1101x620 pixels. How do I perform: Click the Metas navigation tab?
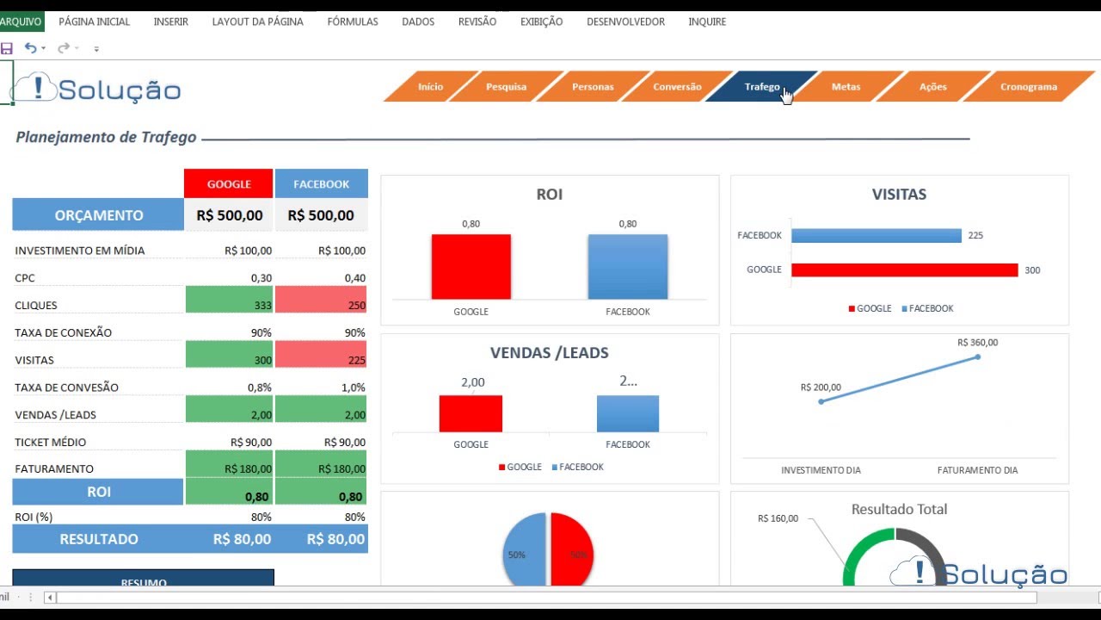click(x=846, y=87)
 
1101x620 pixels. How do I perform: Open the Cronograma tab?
click(x=1028, y=87)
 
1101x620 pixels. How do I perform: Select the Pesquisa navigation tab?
click(x=506, y=87)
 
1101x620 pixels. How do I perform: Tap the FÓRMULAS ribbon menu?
click(x=353, y=22)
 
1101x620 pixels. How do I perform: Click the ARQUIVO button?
click(x=21, y=22)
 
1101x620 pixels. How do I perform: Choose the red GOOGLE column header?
click(x=229, y=183)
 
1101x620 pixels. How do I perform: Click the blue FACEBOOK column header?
click(x=322, y=183)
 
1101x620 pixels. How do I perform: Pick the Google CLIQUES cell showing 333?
click(x=230, y=305)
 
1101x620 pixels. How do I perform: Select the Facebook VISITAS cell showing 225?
click(x=322, y=360)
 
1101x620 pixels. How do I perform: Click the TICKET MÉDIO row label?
click(x=51, y=443)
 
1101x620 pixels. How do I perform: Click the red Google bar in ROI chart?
click(x=471, y=267)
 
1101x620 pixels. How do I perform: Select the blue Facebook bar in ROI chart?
click(x=627, y=267)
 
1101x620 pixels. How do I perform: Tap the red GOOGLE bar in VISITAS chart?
click(x=904, y=270)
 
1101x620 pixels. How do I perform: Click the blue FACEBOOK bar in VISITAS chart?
click(x=876, y=236)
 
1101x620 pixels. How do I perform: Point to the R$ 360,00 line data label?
click(x=978, y=343)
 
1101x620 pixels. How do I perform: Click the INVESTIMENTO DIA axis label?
click(x=821, y=470)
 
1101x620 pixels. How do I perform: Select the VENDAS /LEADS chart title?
click(x=549, y=353)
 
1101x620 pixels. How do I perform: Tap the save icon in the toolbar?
click(x=7, y=48)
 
